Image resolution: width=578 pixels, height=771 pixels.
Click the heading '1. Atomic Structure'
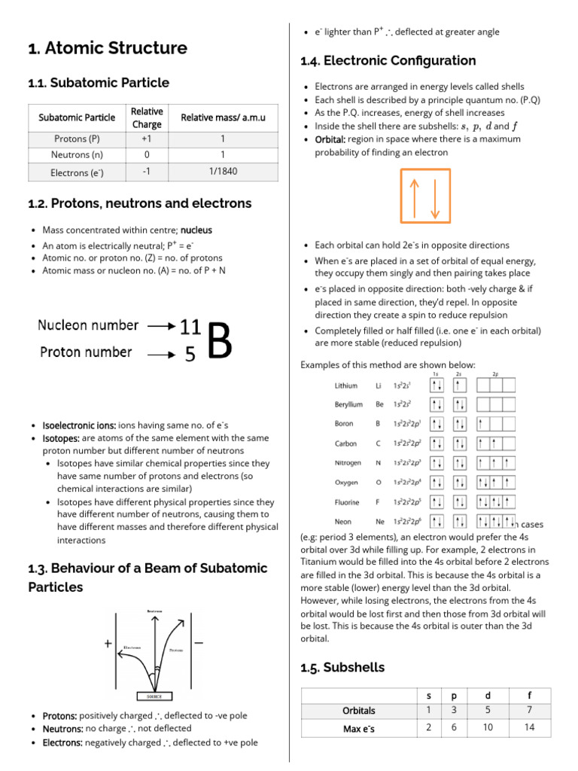tap(108, 49)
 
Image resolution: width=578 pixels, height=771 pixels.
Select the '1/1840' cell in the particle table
tap(223, 172)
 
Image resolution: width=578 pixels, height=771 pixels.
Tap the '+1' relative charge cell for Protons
tap(147, 139)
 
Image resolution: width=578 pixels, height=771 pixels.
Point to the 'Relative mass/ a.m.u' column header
tap(223, 117)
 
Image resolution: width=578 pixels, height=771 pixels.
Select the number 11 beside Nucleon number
tap(190, 328)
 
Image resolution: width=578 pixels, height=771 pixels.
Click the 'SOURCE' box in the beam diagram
tap(154, 696)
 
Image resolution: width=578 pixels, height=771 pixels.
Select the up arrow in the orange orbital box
tap(413, 197)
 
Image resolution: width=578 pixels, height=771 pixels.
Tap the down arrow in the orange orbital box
tap(434, 197)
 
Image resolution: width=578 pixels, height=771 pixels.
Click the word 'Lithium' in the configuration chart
tap(346, 385)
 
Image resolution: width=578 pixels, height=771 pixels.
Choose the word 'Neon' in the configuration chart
tap(342, 521)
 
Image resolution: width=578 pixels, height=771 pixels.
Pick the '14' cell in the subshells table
tap(529, 727)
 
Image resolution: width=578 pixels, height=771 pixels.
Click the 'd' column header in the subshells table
tap(488, 696)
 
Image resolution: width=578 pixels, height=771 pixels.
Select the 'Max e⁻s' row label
tap(358, 729)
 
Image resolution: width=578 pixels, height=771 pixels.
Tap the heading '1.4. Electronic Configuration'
tap(388, 61)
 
